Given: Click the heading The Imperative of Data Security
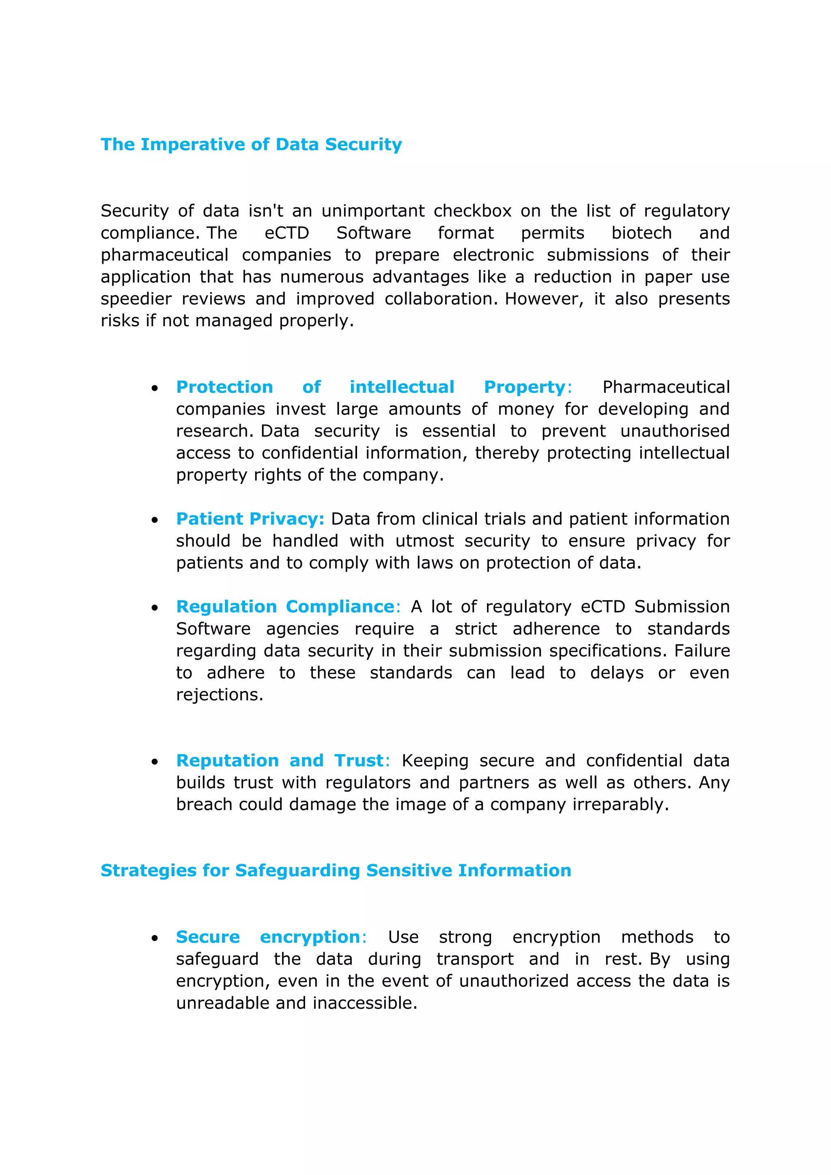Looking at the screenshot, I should [x=251, y=144].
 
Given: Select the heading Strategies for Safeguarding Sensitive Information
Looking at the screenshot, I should [x=336, y=871].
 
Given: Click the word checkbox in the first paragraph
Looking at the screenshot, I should [x=472, y=211].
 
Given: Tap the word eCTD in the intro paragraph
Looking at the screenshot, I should [x=286, y=233].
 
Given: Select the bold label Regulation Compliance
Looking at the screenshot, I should [x=285, y=607].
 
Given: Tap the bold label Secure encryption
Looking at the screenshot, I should [x=268, y=937].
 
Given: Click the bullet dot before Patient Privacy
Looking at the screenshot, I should [x=155, y=520].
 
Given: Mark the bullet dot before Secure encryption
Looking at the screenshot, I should [x=155, y=938].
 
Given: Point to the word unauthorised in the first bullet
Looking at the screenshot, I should [x=674, y=431].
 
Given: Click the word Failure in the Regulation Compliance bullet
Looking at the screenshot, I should [x=701, y=650].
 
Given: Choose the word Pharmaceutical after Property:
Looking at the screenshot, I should [x=666, y=387].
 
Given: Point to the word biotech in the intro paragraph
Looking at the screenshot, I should [x=641, y=233].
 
